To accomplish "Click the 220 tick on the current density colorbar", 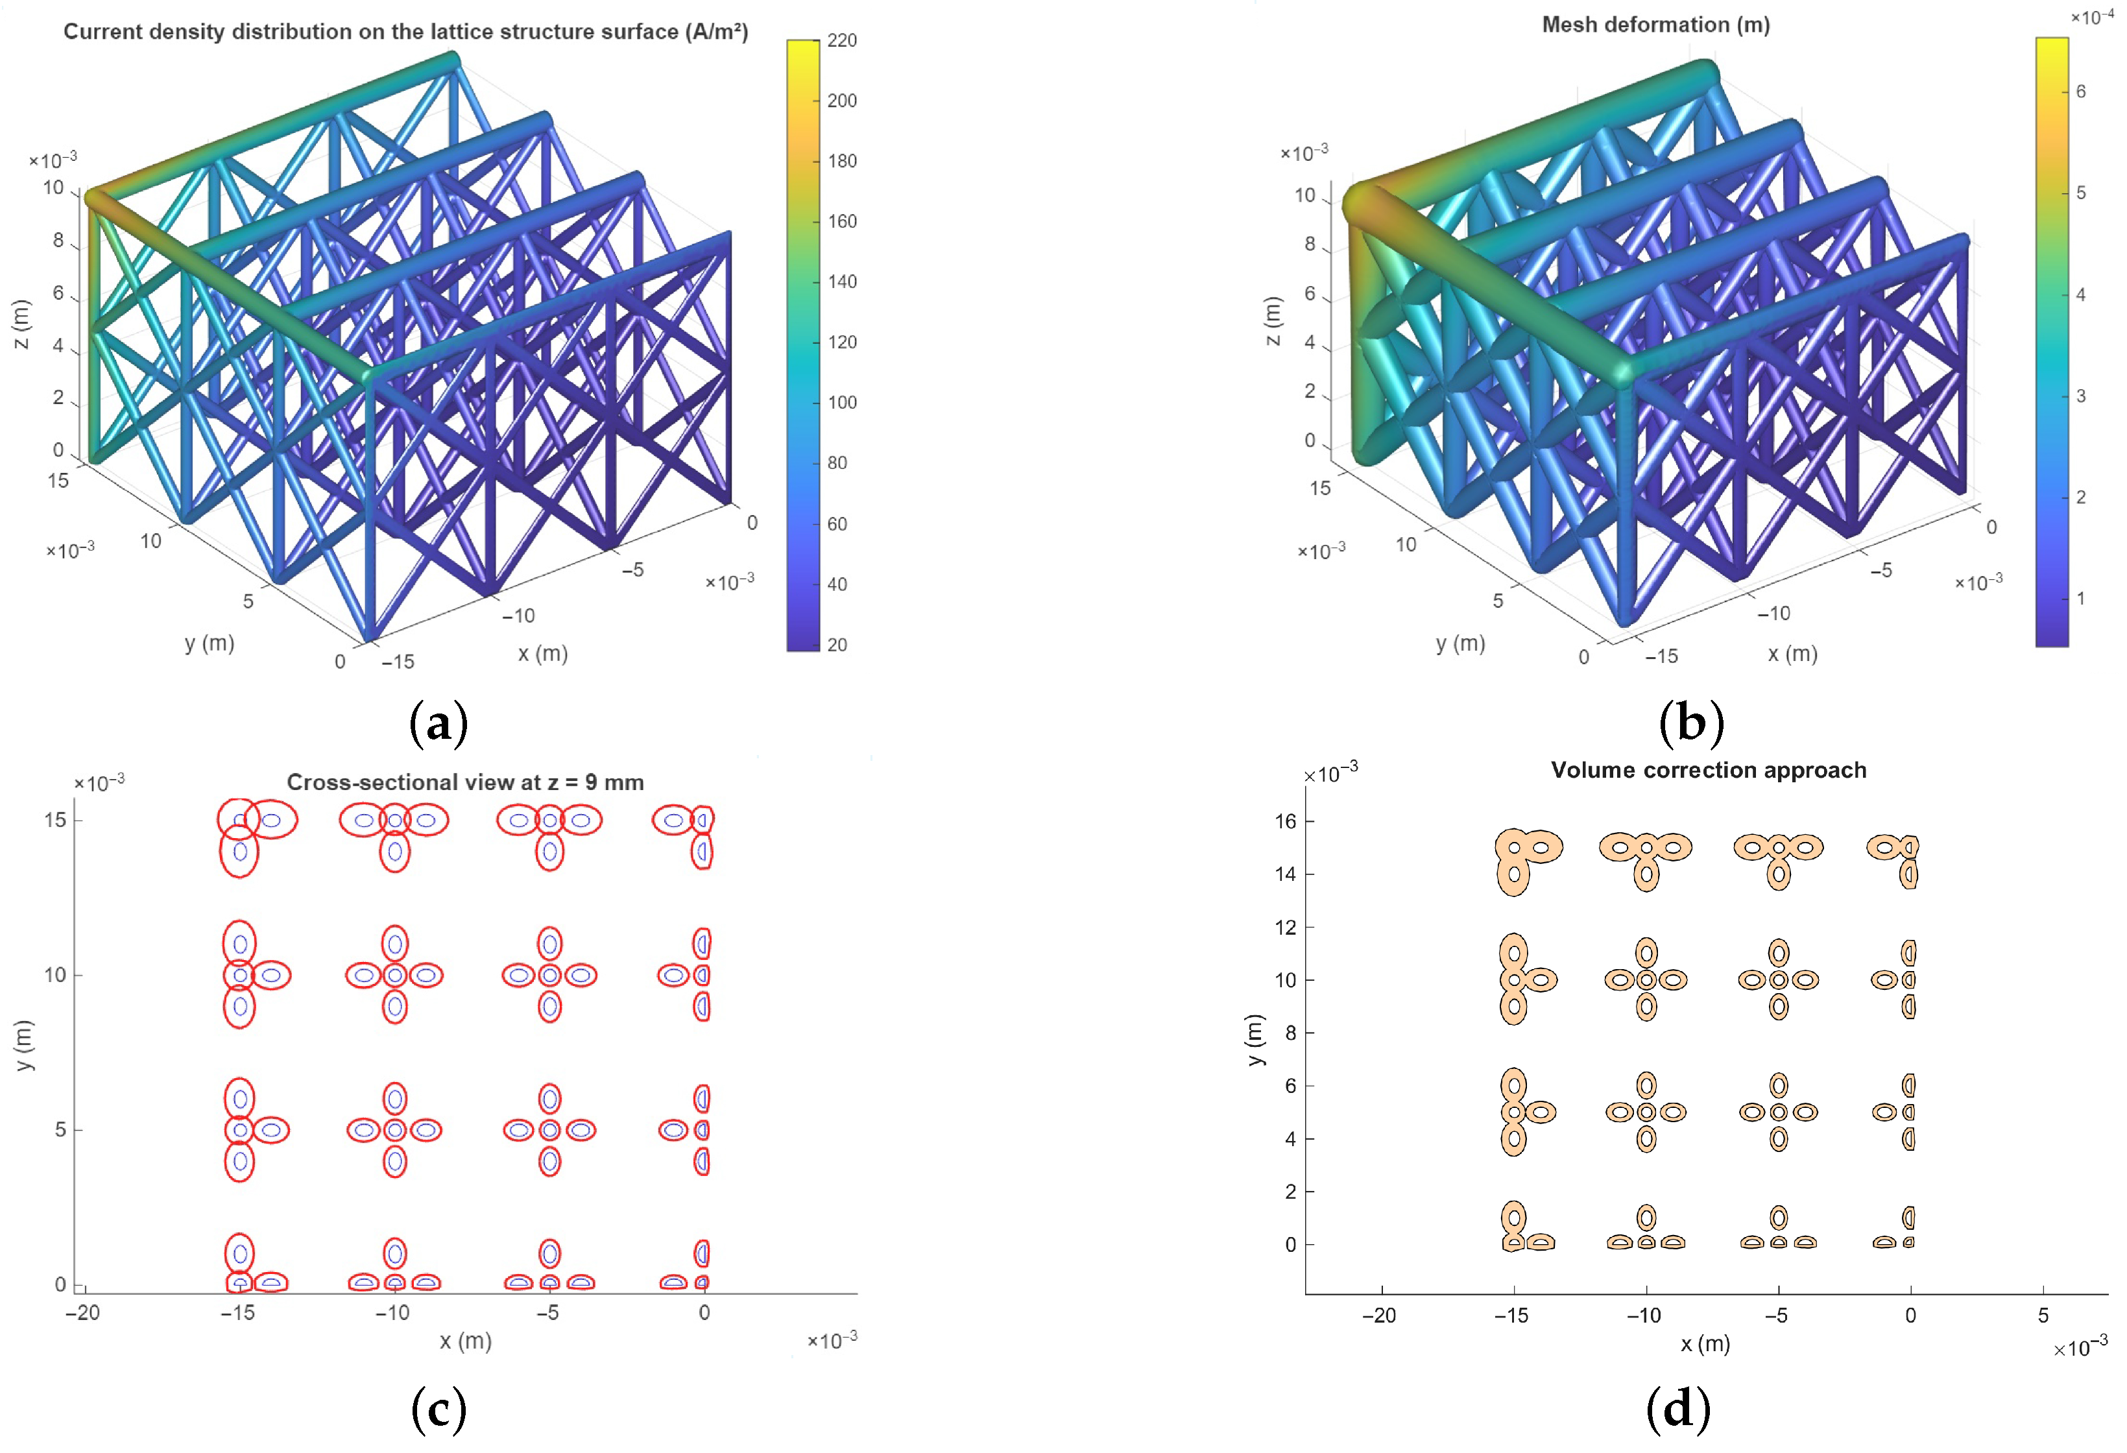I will click(841, 40).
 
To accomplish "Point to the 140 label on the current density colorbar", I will click(841, 282).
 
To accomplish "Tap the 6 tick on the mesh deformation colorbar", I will click(2080, 91).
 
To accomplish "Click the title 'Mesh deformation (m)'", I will click(1655, 25).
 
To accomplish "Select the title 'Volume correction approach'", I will click(1708, 771).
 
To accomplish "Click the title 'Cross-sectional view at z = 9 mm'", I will click(465, 782).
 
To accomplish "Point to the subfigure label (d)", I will click(1677, 1409).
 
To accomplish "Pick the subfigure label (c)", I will click(439, 1409).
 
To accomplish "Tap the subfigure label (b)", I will click(1690, 722).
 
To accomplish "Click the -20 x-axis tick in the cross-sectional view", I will click(82, 1313).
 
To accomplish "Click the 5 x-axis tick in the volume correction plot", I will click(2043, 1315).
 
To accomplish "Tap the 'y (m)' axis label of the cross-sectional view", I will click(24, 1045).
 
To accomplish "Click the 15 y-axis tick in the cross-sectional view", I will click(56, 820).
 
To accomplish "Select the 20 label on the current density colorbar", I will click(837, 645).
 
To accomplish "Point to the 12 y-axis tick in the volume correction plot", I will click(1286, 928).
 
